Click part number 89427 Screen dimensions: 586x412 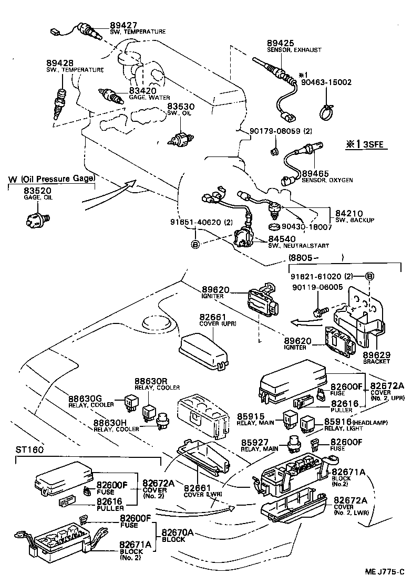point(124,25)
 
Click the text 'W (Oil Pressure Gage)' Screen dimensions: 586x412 point(51,179)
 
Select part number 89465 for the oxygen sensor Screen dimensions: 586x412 point(315,174)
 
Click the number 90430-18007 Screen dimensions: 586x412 point(307,227)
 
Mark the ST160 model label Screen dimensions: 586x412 point(29,450)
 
